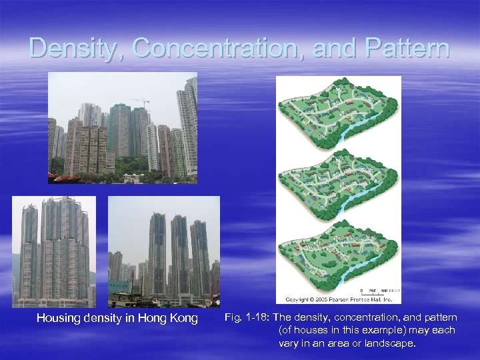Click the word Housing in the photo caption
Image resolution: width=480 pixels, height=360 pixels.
59,319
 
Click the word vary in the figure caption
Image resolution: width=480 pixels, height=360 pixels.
289,344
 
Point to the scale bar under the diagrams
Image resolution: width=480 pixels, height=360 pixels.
377,292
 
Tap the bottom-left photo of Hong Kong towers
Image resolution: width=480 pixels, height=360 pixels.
54,252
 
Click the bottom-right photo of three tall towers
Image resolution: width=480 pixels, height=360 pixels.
164,252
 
